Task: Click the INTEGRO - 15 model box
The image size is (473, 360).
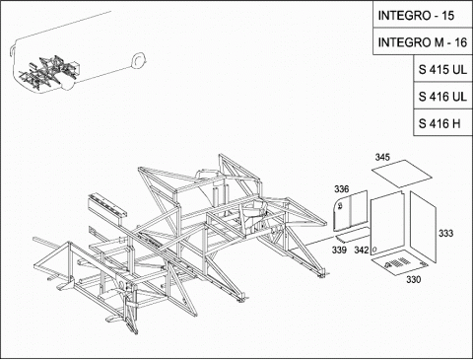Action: [423, 15]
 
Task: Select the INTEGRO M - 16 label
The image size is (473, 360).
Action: [423, 41]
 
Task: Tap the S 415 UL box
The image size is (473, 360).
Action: [442, 69]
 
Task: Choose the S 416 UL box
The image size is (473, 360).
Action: [442, 96]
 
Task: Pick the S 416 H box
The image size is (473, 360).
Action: [442, 123]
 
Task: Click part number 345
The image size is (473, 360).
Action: [382, 157]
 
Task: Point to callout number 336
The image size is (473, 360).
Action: [342, 189]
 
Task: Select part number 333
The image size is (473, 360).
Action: [446, 233]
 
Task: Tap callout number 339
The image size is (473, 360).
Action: [339, 250]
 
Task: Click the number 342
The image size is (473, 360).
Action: [362, 250]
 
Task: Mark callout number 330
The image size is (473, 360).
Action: [414, 279]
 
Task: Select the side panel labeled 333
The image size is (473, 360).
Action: [423, 228]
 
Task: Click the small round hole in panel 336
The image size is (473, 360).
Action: [340, 206]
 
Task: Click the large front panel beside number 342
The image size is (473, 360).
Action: [387, 223]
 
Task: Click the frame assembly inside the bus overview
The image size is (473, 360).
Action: [49, 72]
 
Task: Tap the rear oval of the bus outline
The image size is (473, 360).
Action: [138, 60]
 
